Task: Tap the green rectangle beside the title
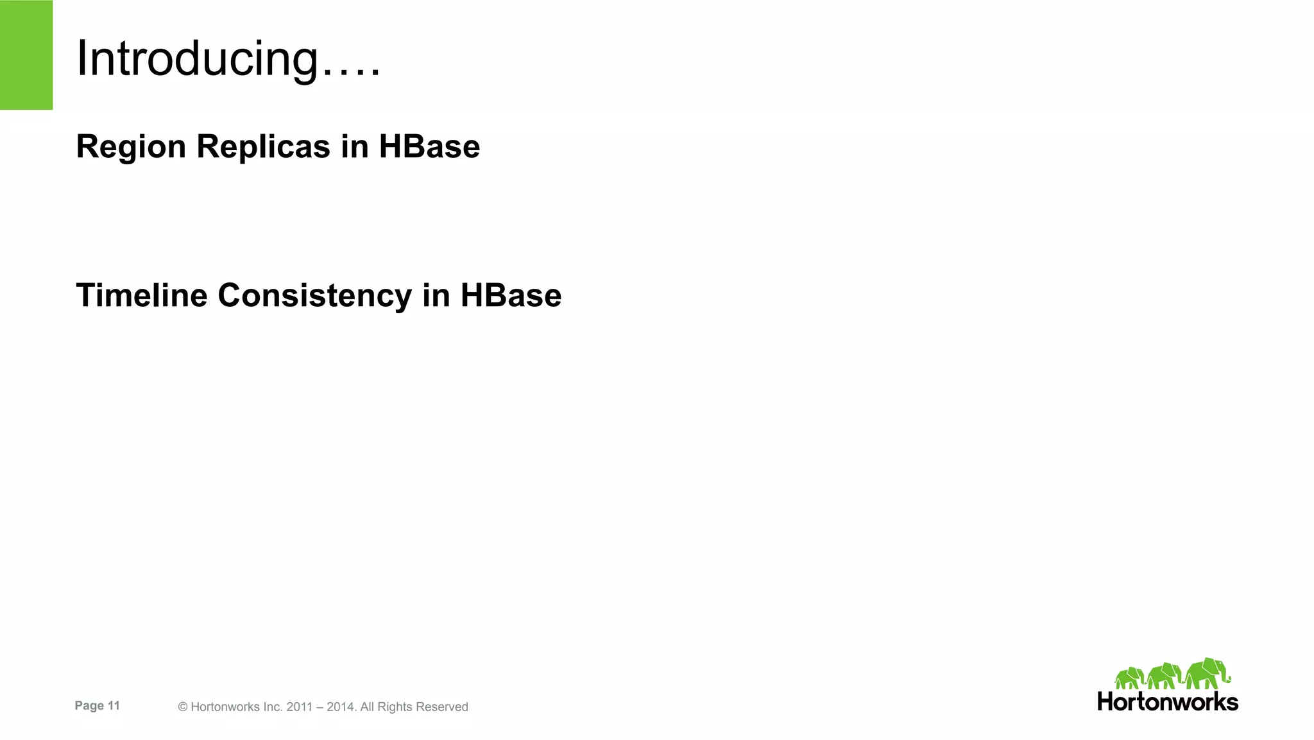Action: coord(26,55)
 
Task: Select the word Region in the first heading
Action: coord(131,147)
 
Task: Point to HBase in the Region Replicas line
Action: coord(429,146)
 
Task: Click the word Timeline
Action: coord(142,295)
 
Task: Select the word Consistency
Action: coord(314,296)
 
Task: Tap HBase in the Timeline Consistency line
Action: coord(511,295)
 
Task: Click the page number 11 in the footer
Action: coord(114,705)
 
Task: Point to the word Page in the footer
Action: coord(89,705)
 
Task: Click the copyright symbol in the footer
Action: coord(183,707)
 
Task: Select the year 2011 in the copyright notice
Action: coord(299,707)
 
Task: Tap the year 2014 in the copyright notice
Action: coord(339,707)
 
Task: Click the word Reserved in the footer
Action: coord(442,707)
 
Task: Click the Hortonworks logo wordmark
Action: coord(1168,701)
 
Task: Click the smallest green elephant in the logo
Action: coord(1129,678)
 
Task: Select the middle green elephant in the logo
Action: coord(1165,676)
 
